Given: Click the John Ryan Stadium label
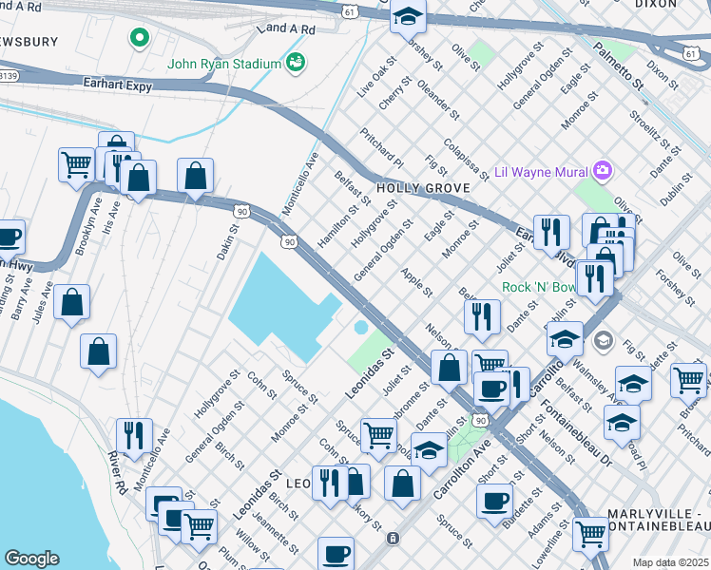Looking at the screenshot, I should pos(223,65).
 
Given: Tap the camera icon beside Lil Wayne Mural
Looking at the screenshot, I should pos(602,172).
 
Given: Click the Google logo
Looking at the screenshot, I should pos(31,559).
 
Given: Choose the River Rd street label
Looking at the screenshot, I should pos(118,472).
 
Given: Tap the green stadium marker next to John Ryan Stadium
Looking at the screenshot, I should pos(297,64).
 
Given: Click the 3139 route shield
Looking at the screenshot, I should pos(8,74).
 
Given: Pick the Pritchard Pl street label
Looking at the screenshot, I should pos(382,149).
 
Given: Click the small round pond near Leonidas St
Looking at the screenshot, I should pos(361,328).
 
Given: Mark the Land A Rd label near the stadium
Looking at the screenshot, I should pos(285,29).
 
